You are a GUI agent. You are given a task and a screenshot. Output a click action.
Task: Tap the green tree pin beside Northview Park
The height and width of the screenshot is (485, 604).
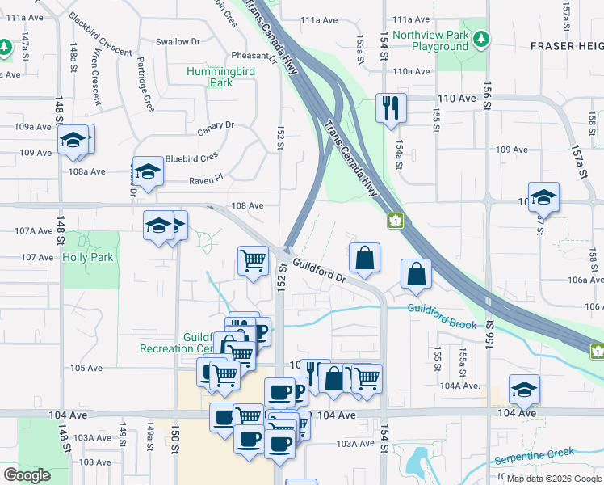click(x=482, y=38)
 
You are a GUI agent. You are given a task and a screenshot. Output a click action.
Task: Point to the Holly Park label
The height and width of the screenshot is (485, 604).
click(x=88, y=257)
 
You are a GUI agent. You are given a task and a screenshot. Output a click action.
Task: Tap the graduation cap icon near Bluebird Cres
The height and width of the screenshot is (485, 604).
click(x=149, y=171)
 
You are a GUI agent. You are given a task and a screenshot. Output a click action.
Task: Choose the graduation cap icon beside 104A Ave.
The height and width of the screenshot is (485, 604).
click(x=524, y=390)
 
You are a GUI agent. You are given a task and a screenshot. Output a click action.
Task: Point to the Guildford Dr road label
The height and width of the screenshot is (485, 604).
click(x=320, y=270)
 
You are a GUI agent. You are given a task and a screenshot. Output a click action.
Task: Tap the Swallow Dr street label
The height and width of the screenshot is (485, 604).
click(x=178, y=41)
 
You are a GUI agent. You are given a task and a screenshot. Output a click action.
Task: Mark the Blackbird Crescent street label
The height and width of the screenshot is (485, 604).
click(x=100, y=34)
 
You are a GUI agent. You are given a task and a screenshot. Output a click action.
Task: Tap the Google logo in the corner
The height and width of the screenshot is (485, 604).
click(x=27, y=475)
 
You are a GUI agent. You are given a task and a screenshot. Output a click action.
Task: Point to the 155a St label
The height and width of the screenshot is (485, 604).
click(x=463, y=356)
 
